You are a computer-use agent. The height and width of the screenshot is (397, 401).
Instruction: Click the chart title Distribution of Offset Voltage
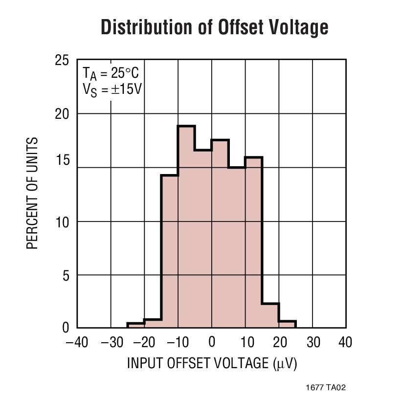[214, 28]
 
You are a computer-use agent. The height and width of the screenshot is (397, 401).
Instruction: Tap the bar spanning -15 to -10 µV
[169, 251]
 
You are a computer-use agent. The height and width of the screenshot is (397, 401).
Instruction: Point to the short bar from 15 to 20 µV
[270, 316]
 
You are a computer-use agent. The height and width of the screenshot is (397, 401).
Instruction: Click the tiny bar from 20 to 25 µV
[287, 325]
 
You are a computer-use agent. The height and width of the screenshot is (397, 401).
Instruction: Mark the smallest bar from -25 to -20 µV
[135, 326]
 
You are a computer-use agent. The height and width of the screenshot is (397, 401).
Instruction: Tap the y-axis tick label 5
[66, 275]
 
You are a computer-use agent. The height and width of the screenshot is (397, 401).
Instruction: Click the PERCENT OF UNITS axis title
[32, 194]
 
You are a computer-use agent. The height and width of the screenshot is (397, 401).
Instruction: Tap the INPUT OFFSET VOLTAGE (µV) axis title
[212, 364]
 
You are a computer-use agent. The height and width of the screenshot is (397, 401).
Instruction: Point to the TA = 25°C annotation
[111, 74]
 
